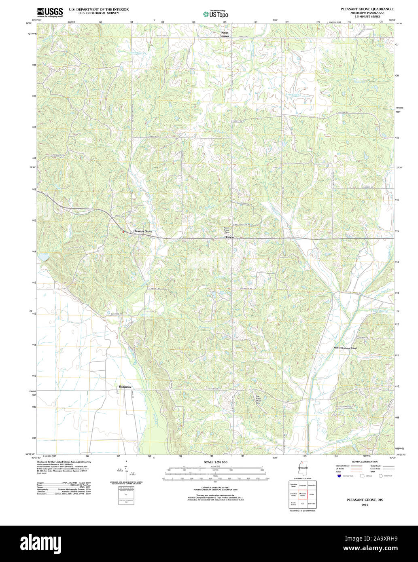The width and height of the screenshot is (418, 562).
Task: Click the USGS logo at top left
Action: [50, 12]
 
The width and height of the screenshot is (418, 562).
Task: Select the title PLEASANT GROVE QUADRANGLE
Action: [367, 9]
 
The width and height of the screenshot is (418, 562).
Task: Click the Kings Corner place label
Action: [225, 34]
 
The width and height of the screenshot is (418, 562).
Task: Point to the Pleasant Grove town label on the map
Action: [143, 231]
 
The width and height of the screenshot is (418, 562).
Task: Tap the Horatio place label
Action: [229, 237]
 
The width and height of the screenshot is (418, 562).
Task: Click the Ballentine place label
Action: [125, 387]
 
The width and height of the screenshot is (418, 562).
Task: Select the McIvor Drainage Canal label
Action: [345, 348]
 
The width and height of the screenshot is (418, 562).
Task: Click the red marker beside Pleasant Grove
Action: [123, 232]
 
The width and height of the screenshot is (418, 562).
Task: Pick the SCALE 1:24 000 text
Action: [215, 462]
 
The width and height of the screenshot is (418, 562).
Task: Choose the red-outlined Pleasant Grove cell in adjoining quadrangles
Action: [302, 494]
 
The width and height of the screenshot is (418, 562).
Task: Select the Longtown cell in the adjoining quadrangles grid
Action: [302, 485]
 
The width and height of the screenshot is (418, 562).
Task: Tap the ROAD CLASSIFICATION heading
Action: [365, 461]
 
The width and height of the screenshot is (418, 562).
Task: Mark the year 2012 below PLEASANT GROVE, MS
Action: [364, 505]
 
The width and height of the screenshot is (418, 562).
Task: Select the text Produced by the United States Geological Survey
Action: [64, 462]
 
